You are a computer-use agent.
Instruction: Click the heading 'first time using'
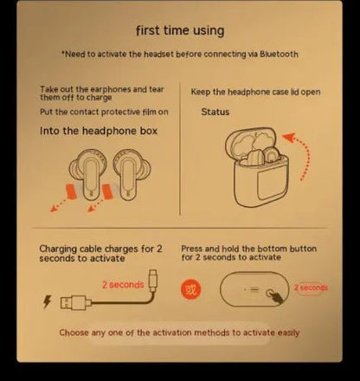[180, 31]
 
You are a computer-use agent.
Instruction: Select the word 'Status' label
[215, 112]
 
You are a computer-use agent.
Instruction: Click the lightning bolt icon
[47, 302]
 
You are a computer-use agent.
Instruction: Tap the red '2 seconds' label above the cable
[122, 284]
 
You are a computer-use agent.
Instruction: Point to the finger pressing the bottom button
[275, 294]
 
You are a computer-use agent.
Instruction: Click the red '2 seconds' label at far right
[311, 287]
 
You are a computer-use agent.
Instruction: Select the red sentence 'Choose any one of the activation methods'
[179, 333]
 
